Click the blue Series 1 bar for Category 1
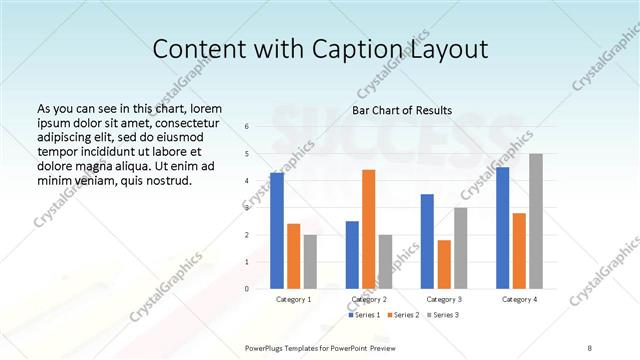pyautogui.click(x=277, y=231)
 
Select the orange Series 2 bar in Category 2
pyautogui.click(x=368, y=230)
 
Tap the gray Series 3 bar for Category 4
pyautogui.click(x=536, y=222)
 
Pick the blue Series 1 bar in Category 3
pyautogui.click(x=427, y=242)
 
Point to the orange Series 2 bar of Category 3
pyautogui.click(x=444, y=265)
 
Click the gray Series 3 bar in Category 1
pyautogui.click(x=310, y=262)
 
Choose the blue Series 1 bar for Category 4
pyautogui.click(x=502, y=228)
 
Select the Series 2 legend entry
pyautogui.click(x=402, y=315)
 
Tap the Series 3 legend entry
pyautogui.click(x=443, y=315)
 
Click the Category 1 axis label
pyautogui.click(x=294, y=299)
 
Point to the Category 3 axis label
pyautogui.click(x=444, y=299)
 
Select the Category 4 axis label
pyautogui.click(x=519, y=299)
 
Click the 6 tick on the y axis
pyautogui.click(x=247, y=127)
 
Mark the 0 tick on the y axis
pyautogui.click(x=247, y=289)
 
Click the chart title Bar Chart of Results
pyautogui.click(x=402, y=110)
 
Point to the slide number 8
pyautogui.click(x=590, y=347)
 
